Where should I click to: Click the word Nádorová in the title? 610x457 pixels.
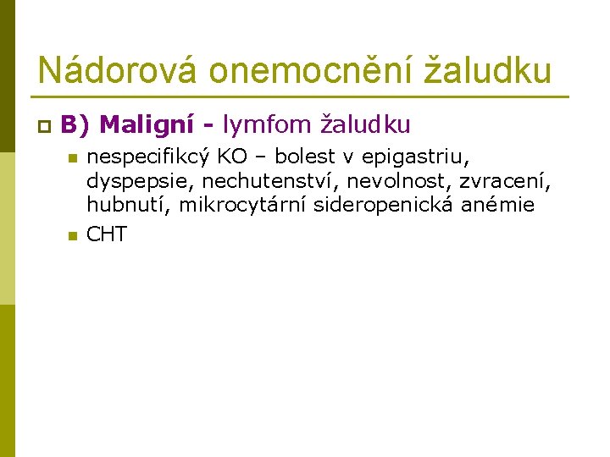click(x=116, y=69)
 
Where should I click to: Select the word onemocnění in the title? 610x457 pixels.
click(x=310, y=69)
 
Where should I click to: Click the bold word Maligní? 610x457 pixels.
click(x=147, y=125)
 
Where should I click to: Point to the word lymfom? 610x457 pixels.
click(x=267, y=125)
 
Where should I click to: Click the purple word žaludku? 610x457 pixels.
click(x=365, y=124)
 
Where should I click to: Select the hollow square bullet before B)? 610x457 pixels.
click(x=44, y=126)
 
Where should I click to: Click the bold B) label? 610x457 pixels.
click(x=75, y=125)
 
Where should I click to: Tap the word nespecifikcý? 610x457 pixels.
click(x=147, y=157)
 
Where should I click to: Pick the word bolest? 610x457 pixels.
click(x=305, y=156)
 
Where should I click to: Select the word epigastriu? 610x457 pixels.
click(x=415, y=157)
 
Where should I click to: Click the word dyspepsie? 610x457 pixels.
click(x=140, y=182)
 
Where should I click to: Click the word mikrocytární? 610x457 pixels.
click(x=242, y=205)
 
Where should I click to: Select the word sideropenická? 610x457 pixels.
click(x=383, y=205)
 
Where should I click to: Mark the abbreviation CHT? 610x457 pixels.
click(x=107, y=234)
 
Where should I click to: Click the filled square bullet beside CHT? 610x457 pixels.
click(x=73, y=235)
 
